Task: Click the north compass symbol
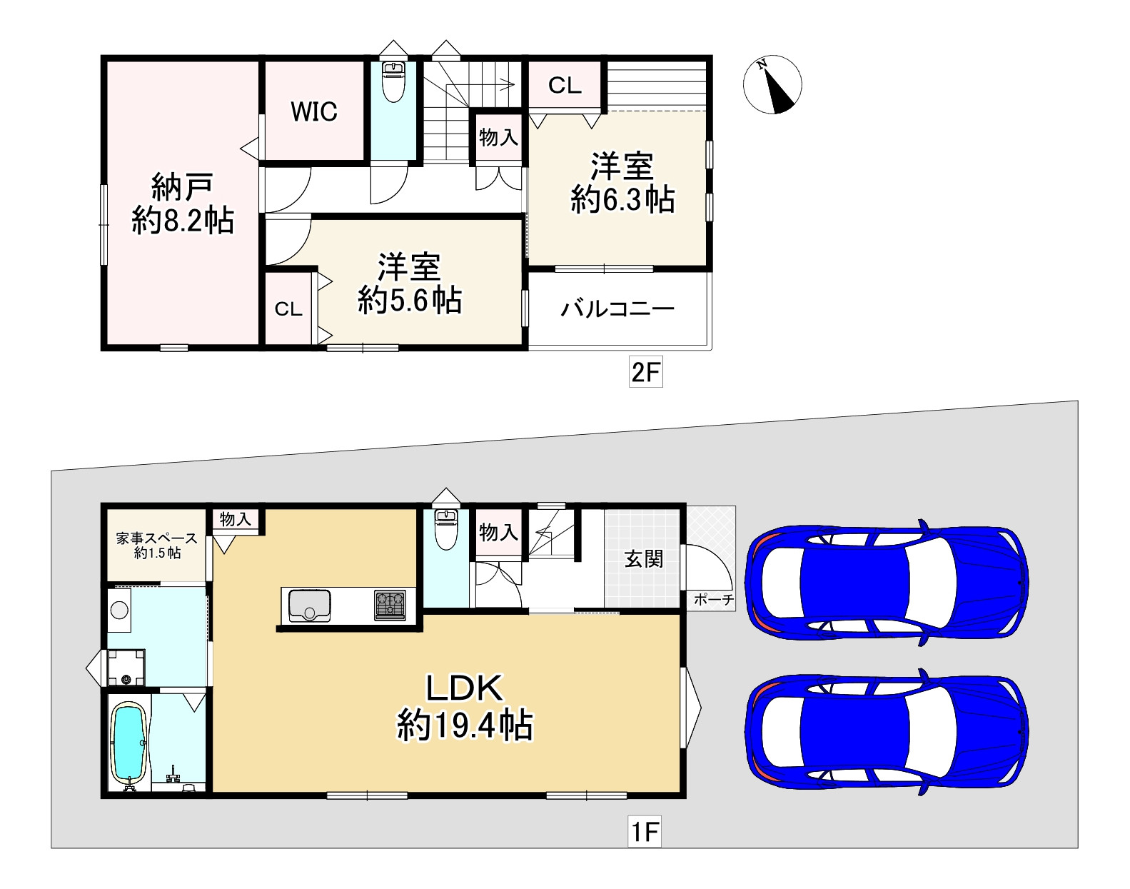(772, 84)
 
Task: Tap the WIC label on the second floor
(314, 111)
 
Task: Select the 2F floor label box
(646, 372)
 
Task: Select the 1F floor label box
(645, 831)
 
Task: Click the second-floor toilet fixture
(393, 82)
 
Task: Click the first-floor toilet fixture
(446, 530)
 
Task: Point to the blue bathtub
(129, 743)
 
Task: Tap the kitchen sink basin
(309, 606)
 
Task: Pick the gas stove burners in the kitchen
(390, 606)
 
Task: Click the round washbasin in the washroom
(119, 610)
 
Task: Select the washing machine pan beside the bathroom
(126, 667)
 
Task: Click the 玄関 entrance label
(643, 559)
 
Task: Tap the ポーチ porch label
(714, 600)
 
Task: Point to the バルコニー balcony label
(617, 309)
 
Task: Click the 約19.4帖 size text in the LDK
(465, 725)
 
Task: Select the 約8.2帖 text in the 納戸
(183, 221)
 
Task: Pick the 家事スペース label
(156, 538)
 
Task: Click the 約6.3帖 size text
(622, 200)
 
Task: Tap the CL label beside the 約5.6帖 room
(288, 309)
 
